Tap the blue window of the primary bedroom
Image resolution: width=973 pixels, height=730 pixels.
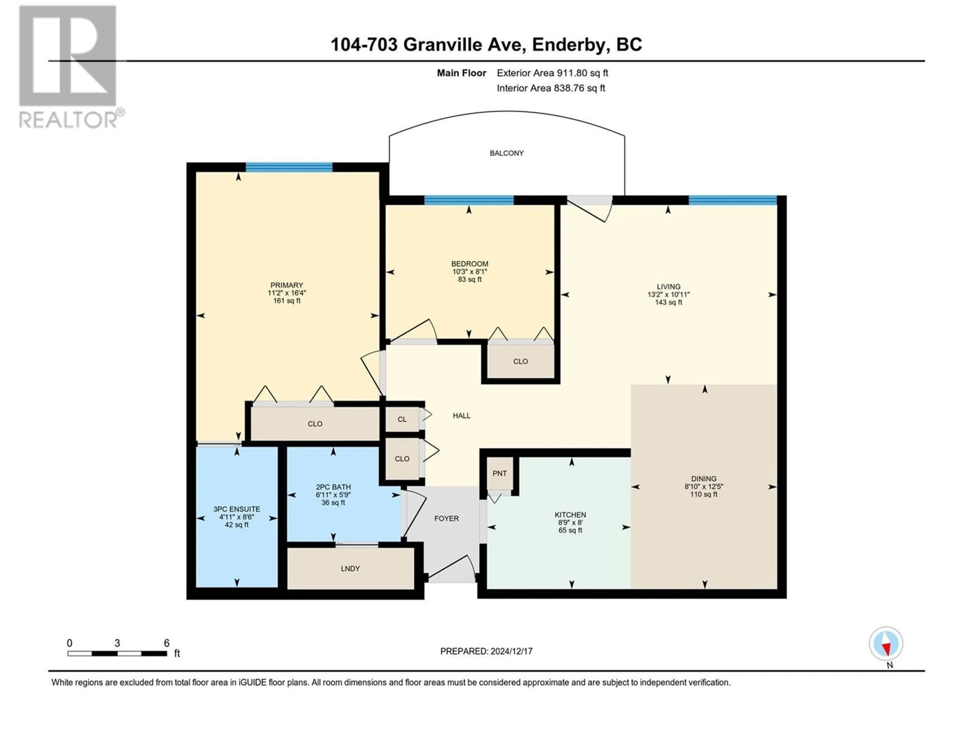289,167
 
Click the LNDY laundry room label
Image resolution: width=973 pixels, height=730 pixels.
350,569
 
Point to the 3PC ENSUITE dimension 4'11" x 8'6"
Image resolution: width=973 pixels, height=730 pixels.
237,517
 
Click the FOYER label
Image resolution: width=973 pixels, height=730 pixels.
446,518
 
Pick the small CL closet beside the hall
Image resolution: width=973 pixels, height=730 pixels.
402,419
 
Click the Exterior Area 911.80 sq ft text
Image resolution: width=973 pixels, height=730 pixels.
552,73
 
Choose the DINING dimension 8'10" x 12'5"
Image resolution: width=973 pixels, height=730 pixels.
704,487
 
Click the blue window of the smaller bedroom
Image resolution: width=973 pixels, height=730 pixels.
469,201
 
